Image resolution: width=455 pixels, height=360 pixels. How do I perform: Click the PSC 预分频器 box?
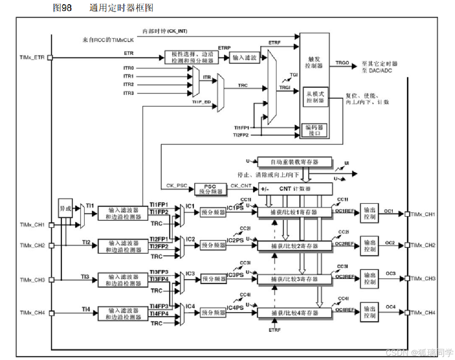(210, 189)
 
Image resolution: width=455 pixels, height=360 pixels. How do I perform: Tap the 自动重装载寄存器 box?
(295, 162)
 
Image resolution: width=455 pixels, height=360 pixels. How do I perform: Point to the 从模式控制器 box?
(315, 97)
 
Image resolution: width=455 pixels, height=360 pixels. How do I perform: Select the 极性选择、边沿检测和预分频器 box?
(192, 58)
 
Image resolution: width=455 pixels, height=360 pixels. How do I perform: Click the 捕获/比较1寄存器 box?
(294, 212)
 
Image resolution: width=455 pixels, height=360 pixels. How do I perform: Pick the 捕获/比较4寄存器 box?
(294, 313)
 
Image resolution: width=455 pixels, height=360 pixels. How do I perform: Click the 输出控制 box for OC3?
(370, 278)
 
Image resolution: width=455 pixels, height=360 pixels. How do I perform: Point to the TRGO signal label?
(342, 63)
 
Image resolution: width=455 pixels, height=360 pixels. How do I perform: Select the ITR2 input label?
(129, 84)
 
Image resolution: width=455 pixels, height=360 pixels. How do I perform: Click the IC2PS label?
(235, 240)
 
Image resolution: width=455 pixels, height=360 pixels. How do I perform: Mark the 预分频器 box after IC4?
(213, 313)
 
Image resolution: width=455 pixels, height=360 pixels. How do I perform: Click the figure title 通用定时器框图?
(121, 8)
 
